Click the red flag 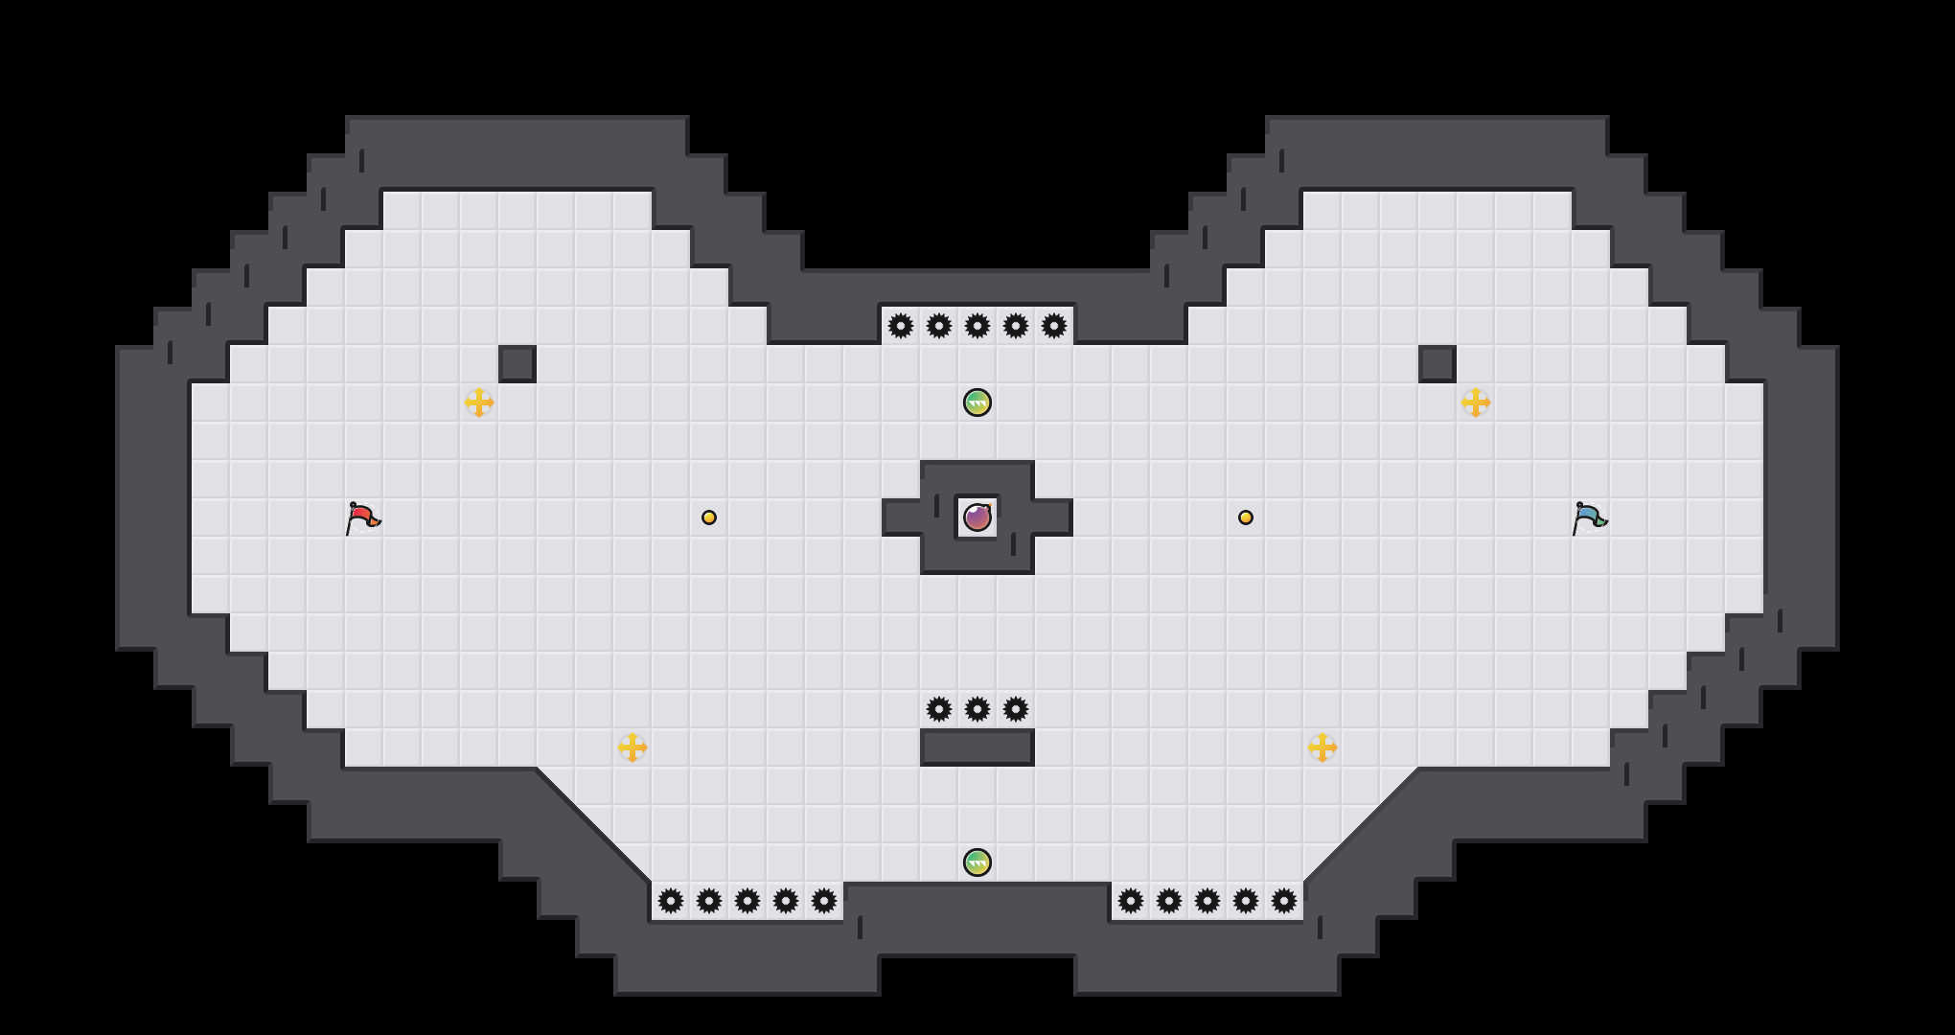[x=362, y=517]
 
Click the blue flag [x=1589, y=517]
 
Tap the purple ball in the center [x=977, y=517]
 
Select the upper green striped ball [x=977, y=402]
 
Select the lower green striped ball [x=977, y=862]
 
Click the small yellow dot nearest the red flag [x=709, y=517]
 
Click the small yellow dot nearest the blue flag [x=1246, y=517]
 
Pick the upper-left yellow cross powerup [x=479, y=402]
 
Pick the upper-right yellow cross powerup [x=1476, y=402]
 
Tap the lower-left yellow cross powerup [x=632, y=747]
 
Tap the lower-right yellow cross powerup [x=1322, y=747]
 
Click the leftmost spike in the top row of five [x=901, y=326]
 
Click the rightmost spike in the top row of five [x=1054, y=326]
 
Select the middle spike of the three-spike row [x=977, y=709]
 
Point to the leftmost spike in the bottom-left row [x=671, y=901]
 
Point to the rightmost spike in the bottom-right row [x=1284, y=901]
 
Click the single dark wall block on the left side [x=517, y=364]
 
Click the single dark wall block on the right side [x=1437, y=364]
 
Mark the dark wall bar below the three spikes [x=977, y=747]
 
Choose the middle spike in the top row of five [x=977, y=326]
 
